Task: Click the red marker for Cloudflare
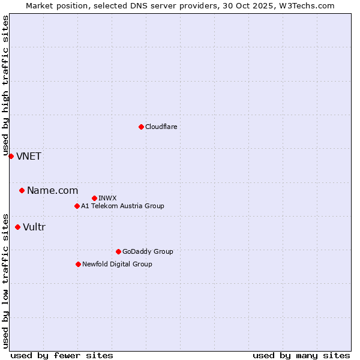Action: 141,127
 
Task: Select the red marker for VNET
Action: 11,156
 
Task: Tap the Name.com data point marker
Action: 22,190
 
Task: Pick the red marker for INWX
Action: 94,198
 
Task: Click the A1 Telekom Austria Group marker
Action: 77,206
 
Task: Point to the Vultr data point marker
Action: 17,227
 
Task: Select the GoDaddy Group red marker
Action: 118,251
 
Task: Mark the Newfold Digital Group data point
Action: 78,264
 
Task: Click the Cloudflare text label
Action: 161,127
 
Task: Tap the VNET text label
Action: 29,157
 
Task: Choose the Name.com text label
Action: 52,191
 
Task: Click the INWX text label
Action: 107,198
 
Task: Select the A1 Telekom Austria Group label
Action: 122,206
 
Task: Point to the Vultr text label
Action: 34,227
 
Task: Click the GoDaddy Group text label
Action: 148,251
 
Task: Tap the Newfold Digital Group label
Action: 117,264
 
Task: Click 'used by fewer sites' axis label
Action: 62,355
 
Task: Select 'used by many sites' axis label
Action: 301,355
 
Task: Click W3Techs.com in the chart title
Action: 305,5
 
